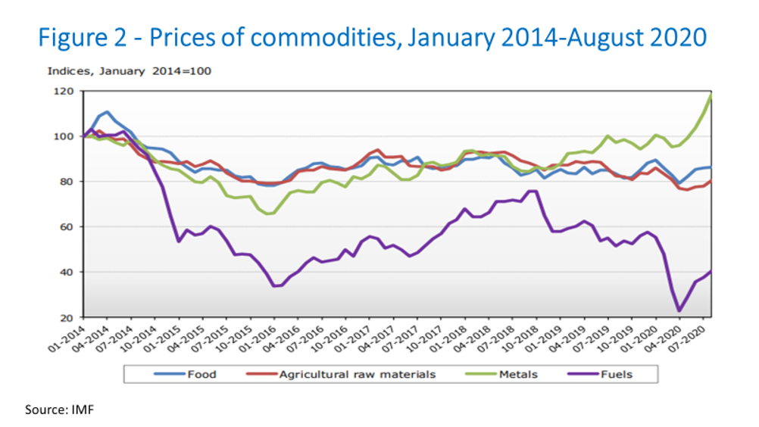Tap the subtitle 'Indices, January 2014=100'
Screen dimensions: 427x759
[129, 71]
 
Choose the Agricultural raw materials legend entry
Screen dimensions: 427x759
[345, 374]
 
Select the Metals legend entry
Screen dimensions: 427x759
[517, 374]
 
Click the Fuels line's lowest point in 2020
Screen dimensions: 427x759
[679, 310]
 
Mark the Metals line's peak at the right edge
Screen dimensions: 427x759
[711, 95]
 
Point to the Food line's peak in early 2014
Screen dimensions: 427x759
[107, 112]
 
